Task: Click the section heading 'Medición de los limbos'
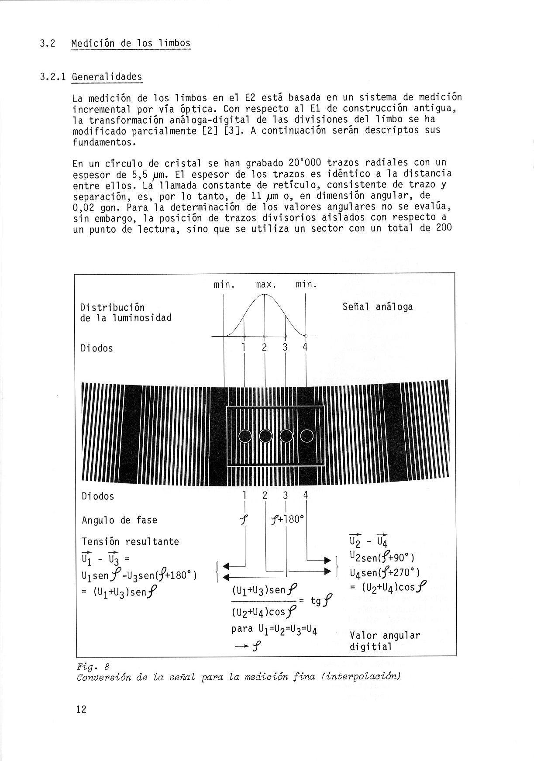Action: click(x=131, y=43)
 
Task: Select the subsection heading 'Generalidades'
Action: click(x=107, y=77)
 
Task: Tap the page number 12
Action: click(x=81, y=709)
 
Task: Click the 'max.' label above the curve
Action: click(x=266, y=285)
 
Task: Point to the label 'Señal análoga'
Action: click(x=377, y=307)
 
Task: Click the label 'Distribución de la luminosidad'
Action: click(x=126, y=312)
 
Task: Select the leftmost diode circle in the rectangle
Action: click(x=245, y=436)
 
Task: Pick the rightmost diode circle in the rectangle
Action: click(x=307, y=436)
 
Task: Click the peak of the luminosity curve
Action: click(x=265, y=295)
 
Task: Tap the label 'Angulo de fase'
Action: click(x=119, y=520)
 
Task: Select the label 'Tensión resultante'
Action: click(x=130, y=542)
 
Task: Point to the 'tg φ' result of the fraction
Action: click(x=321, y=601)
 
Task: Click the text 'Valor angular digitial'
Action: click(x=384, y=641)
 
